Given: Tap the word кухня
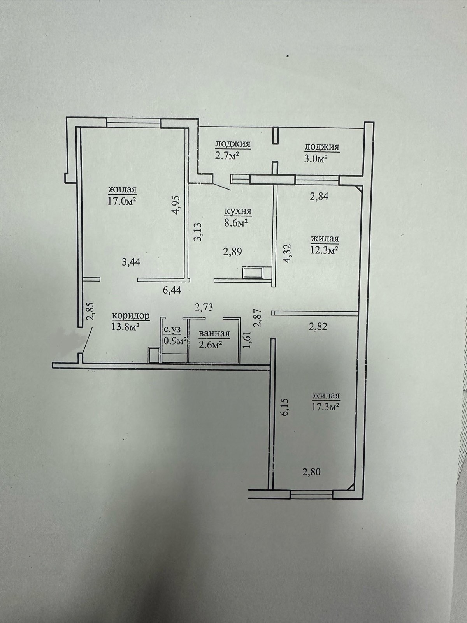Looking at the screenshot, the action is [x=238, y=211].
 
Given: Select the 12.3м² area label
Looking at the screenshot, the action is [x=325, y=250].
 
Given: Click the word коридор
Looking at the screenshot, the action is [x=131, y=316].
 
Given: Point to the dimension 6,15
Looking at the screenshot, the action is [x=285, y=407].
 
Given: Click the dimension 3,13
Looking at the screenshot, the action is [x=198, y=231].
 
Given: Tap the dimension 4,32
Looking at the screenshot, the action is [x=287, y=253].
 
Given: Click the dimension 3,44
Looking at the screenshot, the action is [x=131, y=261].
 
